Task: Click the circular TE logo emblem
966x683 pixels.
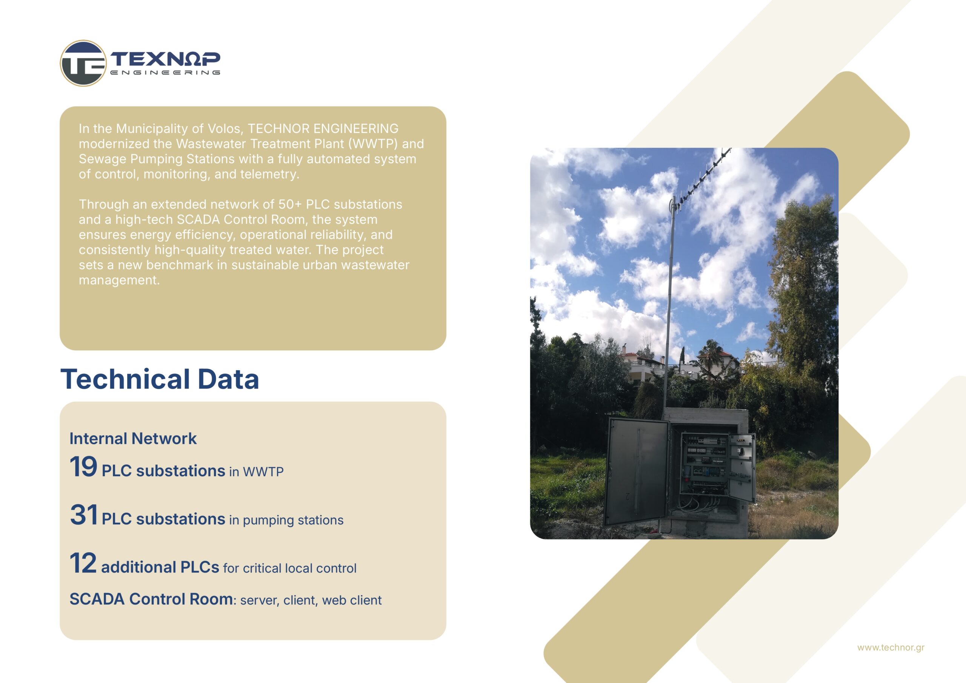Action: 83,63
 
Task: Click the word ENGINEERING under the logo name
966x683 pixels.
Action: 165,72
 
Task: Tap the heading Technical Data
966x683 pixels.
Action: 160,379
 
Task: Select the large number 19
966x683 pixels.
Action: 83,467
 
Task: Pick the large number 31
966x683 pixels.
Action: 84,515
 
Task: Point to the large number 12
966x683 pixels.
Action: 83,563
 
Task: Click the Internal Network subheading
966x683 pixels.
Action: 133,439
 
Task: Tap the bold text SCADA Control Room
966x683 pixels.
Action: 151,599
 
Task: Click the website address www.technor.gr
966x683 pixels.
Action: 891,647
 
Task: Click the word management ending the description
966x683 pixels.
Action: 119,281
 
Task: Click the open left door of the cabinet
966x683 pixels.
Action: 636,471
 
